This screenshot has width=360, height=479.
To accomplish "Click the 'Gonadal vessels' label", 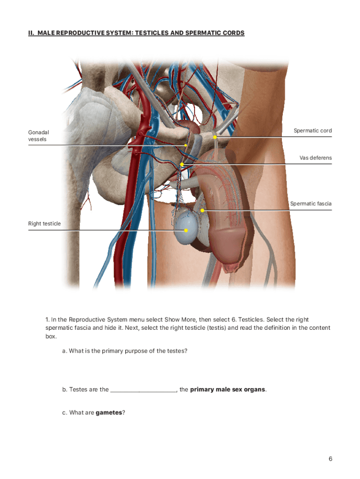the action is click(38, 136).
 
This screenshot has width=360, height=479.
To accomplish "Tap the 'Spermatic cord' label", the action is click(313, 131).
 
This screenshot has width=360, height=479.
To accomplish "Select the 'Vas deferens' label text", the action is click(316, 158).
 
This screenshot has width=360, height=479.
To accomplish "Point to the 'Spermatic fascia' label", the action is click(311, 203).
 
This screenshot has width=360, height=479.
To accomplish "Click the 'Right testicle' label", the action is click(44, 224).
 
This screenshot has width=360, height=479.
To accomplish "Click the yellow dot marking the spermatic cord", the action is click(215, 137).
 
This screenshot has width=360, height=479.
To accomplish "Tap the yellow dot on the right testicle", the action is click(186, 230).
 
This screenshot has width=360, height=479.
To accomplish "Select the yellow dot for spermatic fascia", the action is click(202, 210).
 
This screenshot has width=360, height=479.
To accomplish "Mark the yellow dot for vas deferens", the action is click(182, 164).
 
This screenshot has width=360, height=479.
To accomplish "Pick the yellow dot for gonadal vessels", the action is click(185, 145).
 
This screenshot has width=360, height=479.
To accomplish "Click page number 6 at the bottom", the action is click(331, 458).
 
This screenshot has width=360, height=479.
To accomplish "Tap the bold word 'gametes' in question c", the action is click(109, 413).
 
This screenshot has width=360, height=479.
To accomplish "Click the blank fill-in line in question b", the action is click(143, 392).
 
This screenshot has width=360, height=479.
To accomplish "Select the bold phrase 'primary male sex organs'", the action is click(228, 390).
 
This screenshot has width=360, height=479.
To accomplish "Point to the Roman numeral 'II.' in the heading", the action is click(31, 33).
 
